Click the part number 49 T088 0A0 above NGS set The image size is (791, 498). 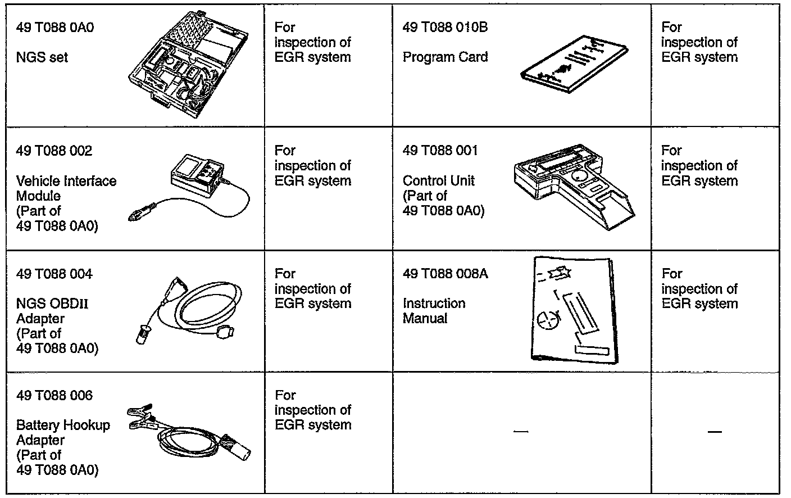[55, 28]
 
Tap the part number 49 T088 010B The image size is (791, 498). [445, 28]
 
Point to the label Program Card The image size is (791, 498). [445, 57]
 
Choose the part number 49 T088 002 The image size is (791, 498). [54, 151]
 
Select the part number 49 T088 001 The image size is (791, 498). [440, 151]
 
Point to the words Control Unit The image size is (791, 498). [438, 181]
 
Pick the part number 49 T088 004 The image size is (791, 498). [54, 274]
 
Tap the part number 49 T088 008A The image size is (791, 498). [445, 274]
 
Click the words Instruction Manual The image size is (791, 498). [434, 311]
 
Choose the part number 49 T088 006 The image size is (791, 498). [54, 396]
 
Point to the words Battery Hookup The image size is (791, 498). [63, 425]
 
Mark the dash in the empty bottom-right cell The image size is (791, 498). [715, 432]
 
